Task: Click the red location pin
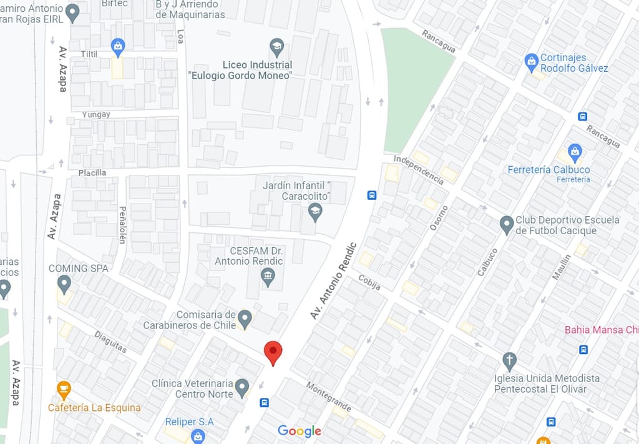click(x=273, y=352)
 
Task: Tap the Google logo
click(x=300, y=431)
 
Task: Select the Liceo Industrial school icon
click(x=276, y=46)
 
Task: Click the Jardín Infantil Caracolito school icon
click(x=315, y=212)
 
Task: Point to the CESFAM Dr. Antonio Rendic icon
click(x=268, y=277)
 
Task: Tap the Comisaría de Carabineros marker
click(x=245, y=319)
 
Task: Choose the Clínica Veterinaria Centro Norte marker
click(x=241, y=388)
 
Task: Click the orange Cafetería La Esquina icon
click(x=64, y=390)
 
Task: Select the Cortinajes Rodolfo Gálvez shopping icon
click(x=531, y=62)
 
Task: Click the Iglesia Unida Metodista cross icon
click(x=509, y=361)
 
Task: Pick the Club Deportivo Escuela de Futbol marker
click(x=507, y=225)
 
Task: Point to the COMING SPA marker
click(x=64, y=285)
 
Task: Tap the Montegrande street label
click(x=328, y=397)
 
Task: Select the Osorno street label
click(x=439, y=218)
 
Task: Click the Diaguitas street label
click(x=110, y=342)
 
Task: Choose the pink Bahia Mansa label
click(x=601, y=330)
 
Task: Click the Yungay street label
click(x=96, y=115)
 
